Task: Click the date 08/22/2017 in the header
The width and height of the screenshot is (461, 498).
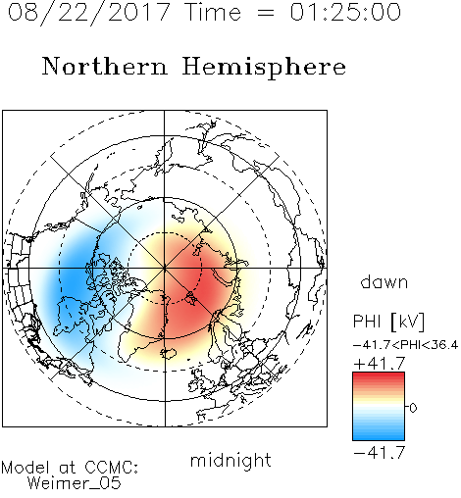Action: point(89,13)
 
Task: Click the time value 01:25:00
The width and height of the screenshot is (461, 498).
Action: point(345,12)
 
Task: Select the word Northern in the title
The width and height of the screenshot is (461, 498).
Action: point(105,66)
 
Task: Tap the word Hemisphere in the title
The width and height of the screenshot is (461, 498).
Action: point(264,68)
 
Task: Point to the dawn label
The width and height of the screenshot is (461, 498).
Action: point(384,281)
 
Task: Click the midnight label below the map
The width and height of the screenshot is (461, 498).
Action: point(230,461)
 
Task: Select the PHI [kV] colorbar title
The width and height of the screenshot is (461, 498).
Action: point(388,322)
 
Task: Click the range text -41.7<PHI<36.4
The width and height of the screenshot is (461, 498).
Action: point(406,345)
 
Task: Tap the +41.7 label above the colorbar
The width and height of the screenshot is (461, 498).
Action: point(380,364)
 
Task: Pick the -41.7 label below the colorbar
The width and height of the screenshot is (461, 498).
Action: point(380,453)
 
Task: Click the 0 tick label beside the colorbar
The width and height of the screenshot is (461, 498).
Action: point(413,408)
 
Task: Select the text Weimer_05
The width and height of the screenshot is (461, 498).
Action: point(75,483)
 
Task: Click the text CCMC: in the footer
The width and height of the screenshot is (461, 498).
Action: point(111,468)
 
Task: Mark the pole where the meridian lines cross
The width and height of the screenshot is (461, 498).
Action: point(165,269)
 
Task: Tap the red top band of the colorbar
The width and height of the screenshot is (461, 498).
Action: point(379,374)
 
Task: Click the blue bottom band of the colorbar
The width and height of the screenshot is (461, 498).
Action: point(379,437)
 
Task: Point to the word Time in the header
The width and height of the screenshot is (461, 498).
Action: point(213,12)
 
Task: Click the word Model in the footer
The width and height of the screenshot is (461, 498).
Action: point(26,468)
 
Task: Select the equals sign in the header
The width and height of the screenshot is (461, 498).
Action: point(266,13)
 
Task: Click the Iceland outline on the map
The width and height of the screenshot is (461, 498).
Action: point(169,353)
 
